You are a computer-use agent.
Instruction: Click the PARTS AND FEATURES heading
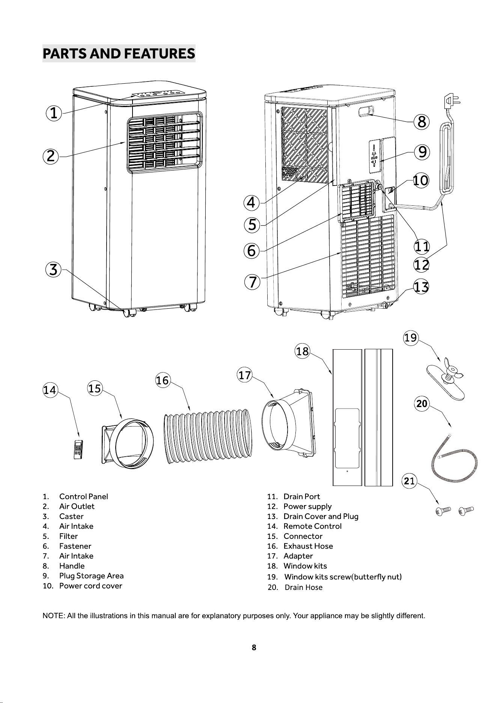(x=119, y=53)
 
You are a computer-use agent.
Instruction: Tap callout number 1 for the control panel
(x=54, y=113)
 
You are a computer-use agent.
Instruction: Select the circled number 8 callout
(x=422, y=122)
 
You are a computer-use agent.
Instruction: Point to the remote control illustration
(x=78, y=449)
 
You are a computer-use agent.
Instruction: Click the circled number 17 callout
(x=244, y=376)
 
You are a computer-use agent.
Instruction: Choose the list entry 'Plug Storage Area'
(x=91, y=576)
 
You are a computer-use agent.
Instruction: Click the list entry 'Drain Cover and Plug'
(x=321, y=516)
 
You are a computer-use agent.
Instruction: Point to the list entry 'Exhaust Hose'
(x=308, y=546)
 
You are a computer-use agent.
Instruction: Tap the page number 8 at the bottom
(x=254, y=647)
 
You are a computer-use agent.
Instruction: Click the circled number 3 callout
(x=54, y=270)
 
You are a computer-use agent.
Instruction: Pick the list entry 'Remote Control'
(x=313, y=526)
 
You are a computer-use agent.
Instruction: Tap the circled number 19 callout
(x=411, y=338)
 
